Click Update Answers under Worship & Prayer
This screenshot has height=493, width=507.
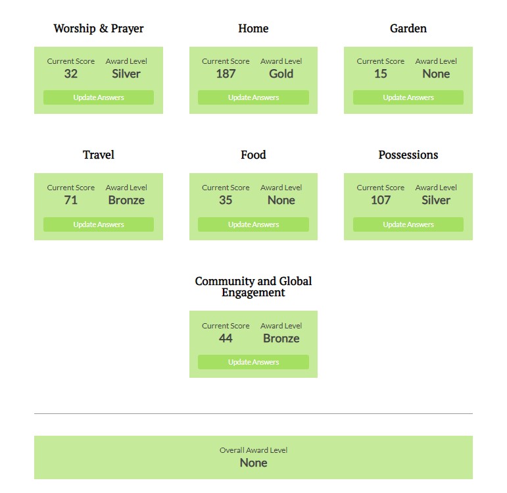tap(99, 97)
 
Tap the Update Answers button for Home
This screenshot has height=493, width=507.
tap(254, 97)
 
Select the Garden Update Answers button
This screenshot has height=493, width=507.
tap(408, 97)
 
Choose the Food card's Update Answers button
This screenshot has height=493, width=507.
tap(254, 224)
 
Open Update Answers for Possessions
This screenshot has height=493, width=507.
tap(408, 224)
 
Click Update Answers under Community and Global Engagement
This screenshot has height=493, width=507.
tap(254, 362)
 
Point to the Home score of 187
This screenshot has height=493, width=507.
tap(226, 74)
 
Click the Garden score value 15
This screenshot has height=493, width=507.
tap(381, 74)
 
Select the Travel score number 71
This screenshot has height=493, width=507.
tap(71, 200)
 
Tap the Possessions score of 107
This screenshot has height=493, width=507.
tap(381, 200)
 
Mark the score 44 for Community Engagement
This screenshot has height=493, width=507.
tap(226, 338)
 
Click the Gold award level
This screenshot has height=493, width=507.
tap(281, 74)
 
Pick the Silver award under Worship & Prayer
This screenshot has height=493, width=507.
tap(126, 74)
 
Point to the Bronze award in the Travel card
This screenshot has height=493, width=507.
tap(126, 200)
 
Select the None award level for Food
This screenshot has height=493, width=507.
tap(281, 200)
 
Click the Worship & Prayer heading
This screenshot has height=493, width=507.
tap(99, 28)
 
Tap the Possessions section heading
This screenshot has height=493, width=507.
tap(408, 155)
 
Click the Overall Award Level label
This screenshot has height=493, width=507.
tap(254, 450)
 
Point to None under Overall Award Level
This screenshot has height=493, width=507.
tap(254, 463)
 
